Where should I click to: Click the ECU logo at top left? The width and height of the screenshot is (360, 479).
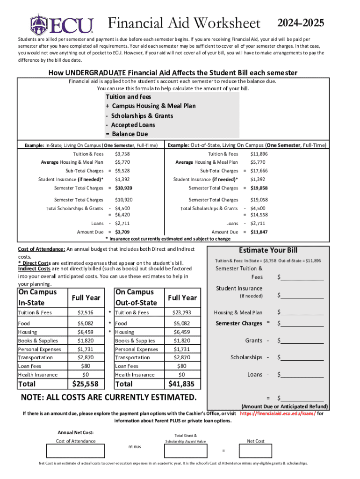point(62,24)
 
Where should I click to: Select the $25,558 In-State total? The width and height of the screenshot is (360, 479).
point(85,384)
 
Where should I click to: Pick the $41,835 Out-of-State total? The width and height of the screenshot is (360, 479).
point(181,384)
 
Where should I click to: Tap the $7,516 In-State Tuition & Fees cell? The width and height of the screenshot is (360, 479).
point(85,312)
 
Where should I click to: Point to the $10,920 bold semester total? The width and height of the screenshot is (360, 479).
point(123,188)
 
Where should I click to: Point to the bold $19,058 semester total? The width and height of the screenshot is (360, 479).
point(259,188)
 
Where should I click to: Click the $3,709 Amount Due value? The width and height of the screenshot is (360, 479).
point(122,232)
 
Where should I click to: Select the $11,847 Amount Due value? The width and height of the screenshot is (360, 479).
point(259,232)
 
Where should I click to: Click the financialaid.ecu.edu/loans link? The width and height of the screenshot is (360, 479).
point(278,414)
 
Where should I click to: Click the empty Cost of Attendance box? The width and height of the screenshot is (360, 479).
point(76,451)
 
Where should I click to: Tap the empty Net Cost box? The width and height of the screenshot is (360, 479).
point(256,451)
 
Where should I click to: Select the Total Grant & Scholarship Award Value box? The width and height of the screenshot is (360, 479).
point(186,451)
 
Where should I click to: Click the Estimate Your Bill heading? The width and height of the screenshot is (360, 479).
point(268,250)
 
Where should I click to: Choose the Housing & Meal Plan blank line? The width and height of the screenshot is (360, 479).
point(301,312)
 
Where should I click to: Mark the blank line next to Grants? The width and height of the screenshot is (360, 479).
point(301,341)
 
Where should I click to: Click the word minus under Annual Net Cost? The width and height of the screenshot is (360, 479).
point(135,447)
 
